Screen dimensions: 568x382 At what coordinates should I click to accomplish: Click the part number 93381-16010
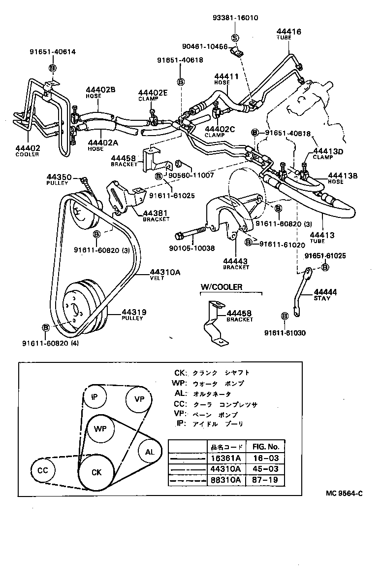235,18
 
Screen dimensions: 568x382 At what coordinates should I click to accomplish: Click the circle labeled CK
96,472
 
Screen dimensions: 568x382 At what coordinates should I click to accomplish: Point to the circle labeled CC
43,470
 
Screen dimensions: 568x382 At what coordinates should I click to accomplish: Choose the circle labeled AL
150,451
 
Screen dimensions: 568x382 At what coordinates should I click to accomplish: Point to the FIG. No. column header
265,447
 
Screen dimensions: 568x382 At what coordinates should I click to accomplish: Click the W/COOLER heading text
221,287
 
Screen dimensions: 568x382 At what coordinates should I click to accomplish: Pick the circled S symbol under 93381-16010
235,37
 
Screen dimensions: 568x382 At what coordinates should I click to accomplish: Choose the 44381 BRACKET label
156,216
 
